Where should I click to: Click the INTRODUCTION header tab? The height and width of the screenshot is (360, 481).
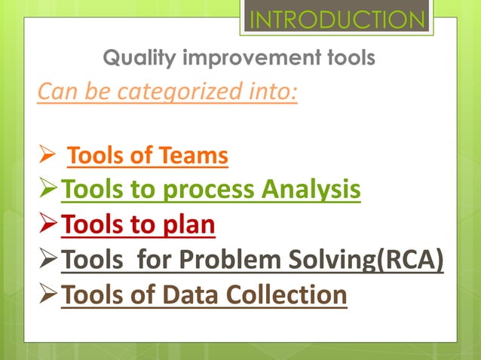coord(337,19)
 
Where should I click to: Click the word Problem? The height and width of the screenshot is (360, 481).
coord(246,261)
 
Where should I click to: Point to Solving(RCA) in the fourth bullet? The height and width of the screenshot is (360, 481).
coord(377,261)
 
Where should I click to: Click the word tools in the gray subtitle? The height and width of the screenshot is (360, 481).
coord(348,57)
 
